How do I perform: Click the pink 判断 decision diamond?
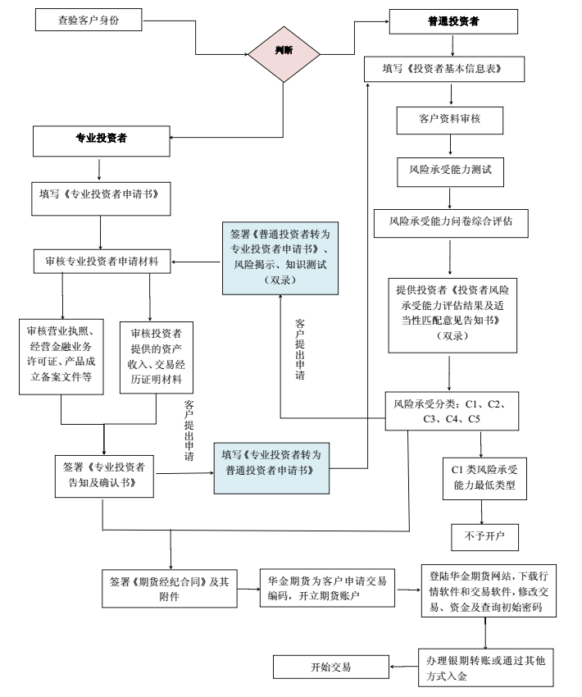[284, 50]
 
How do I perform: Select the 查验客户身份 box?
[89, 19]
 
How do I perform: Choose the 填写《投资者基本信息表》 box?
[443, 70]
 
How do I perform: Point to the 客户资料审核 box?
[449, 120]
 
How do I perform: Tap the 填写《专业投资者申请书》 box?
[98, 195]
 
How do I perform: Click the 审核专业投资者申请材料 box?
[101, 262]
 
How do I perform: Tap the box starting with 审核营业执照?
[61, 354]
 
